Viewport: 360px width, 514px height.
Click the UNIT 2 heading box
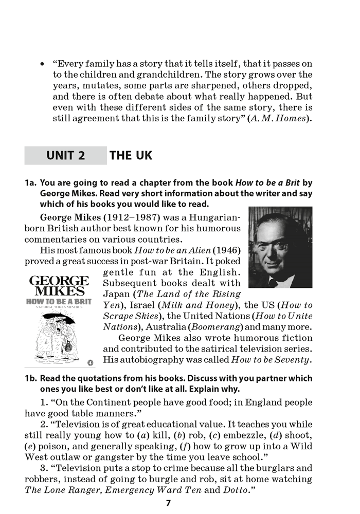click(65, 155)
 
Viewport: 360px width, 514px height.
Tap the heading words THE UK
click(131, 155)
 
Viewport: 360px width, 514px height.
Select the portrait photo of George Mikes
click(280, 247)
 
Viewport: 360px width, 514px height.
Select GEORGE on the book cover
click(59, 281)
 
